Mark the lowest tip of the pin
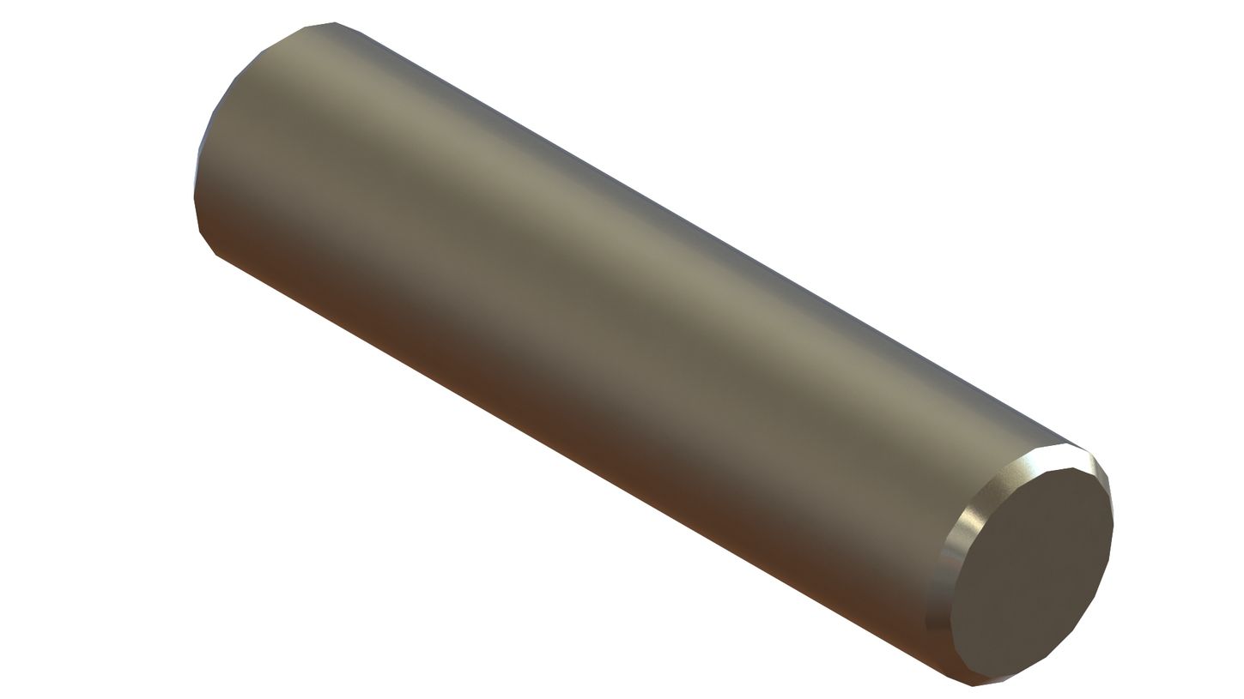coord(973,686)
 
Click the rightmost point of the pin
coord(1114,525)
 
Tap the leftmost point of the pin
coord(194,197)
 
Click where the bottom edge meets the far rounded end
coord(217,256)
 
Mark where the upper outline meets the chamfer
coord(1087,449)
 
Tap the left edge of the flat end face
coord(951,618)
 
